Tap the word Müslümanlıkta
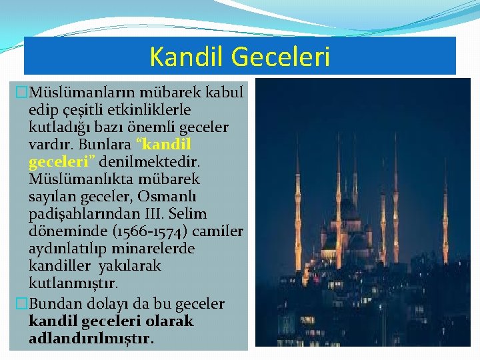71,179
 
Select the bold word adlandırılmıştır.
91,339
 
